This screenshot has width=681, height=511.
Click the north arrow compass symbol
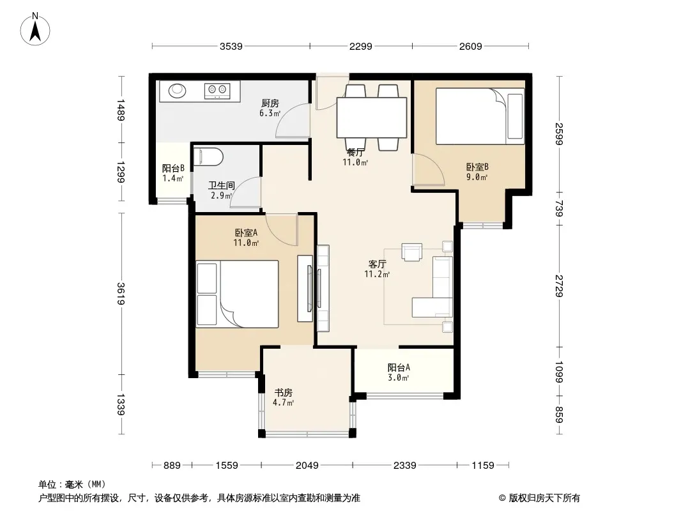(35, 29)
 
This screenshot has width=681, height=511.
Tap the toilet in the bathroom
(208, 156)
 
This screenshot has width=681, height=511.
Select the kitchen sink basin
(177, 90)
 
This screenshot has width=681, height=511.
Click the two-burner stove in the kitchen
(217, 90)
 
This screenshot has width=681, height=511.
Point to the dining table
(372, 118)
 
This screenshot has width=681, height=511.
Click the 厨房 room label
(270, 103)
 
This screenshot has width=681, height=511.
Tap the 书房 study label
(283, 392)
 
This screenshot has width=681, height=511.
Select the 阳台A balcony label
(399, 368)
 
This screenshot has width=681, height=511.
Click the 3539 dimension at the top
(231, 46)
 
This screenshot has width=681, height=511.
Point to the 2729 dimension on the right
(559, 286)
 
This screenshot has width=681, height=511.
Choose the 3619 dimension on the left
(121, 293)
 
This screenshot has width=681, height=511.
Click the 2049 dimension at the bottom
(307, 466)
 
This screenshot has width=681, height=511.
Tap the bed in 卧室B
(480, 116)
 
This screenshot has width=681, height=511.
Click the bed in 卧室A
(237, 294)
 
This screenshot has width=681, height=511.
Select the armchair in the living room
(411, 252)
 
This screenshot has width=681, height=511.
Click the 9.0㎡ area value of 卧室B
(477, 177)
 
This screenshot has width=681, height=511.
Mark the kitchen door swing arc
(293, 121)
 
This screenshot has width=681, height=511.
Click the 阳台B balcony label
(173, 168)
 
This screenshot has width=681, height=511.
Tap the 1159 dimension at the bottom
(483, 466)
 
